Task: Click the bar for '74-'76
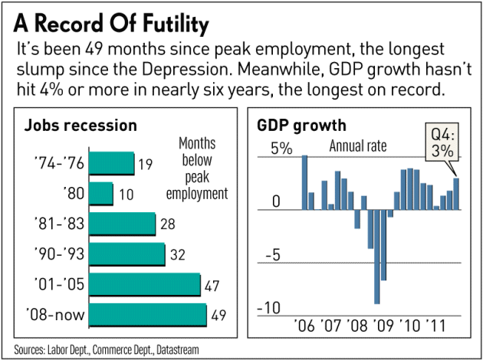111,163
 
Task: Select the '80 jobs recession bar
100,193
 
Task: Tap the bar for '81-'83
123,224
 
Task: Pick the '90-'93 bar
127,254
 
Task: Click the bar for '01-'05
145,284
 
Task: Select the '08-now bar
148,314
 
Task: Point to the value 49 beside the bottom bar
218,315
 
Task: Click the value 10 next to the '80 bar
124,194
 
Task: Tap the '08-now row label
58,314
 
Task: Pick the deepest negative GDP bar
377,256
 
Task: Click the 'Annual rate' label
358,146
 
